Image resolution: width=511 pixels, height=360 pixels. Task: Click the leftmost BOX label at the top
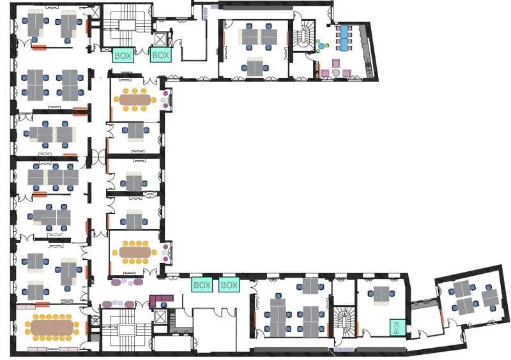[x=123, y=56]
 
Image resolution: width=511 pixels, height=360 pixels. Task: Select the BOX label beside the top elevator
[x=161, y=56]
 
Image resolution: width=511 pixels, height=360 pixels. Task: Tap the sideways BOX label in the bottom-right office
[x=397, y=327]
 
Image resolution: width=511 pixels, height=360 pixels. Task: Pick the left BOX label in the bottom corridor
[x=202, y=285]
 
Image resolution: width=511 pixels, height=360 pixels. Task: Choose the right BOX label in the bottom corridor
[x=229, y=285]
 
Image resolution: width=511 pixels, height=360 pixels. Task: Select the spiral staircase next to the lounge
[x=305, y=38]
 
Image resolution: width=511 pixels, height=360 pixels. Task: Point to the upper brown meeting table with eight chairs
[x=135, y=100]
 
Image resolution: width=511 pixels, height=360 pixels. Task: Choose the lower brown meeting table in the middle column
[x=135, y=252]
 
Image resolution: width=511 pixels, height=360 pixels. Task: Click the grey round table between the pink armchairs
[x=335, y=72]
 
